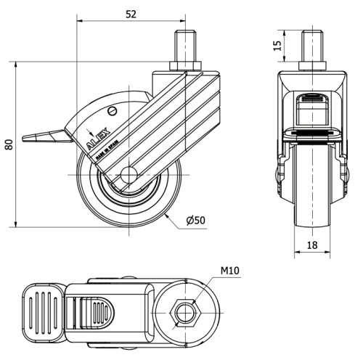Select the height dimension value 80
(8, 143)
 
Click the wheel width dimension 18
(311, 246)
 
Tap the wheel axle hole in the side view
(129, 175)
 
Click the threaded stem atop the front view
(311, 46)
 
